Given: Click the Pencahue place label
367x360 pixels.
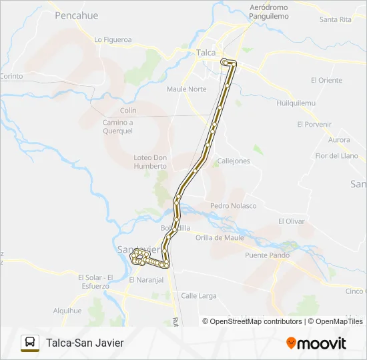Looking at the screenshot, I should coord(76,15).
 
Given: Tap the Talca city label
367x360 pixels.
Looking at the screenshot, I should coord(206,51).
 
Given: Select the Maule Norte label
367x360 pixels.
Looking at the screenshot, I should coord(186,89).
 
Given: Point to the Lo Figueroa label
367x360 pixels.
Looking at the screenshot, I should coord(113,39).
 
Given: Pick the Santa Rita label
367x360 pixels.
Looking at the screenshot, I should coord(335,19).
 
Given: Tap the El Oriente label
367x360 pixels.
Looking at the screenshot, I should coord(326,80).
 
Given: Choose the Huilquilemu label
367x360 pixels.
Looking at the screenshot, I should coord(296,103).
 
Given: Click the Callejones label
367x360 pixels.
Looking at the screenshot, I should coord(234,161).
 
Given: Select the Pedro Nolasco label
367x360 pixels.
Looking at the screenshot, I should coord(233,205).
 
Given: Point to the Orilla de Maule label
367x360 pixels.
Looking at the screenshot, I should coord(220,237).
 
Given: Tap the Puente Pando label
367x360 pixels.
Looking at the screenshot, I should coord(267,255).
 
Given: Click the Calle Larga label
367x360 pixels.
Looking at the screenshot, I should coord(198,295).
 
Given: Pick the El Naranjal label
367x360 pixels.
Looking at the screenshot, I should coord(146,280).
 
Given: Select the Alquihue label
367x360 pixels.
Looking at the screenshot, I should coord(67,310).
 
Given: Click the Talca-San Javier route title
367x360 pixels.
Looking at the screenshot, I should coord(85,343).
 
